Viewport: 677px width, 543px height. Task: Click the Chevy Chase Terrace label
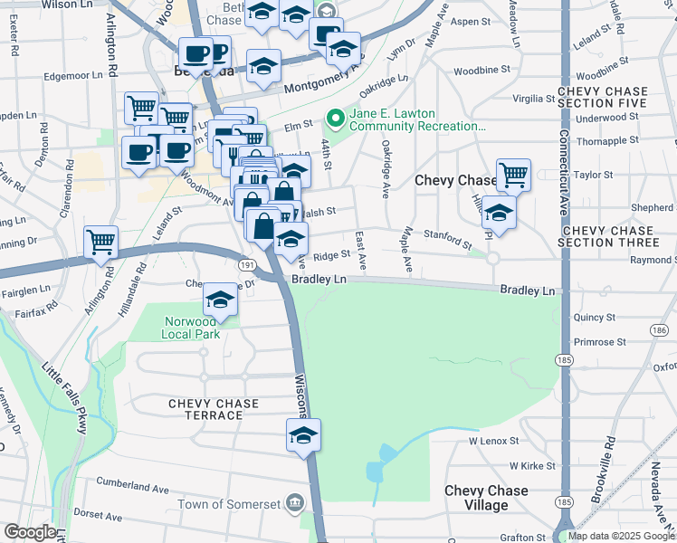(213, 409)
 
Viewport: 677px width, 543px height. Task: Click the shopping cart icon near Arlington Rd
(100, 242)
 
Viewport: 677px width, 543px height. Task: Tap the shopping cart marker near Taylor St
(513, 173)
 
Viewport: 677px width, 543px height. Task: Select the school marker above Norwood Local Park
(220, 298)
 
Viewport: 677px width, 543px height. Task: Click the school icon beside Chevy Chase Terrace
(304, 435)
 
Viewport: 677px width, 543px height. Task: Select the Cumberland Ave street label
(133, 488)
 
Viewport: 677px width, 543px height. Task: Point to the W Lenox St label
(493, 441)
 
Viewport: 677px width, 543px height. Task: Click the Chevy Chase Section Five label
(603, 98)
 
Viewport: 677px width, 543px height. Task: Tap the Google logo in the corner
(30, 532)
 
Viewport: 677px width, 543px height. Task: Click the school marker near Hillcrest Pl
(499, 214)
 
